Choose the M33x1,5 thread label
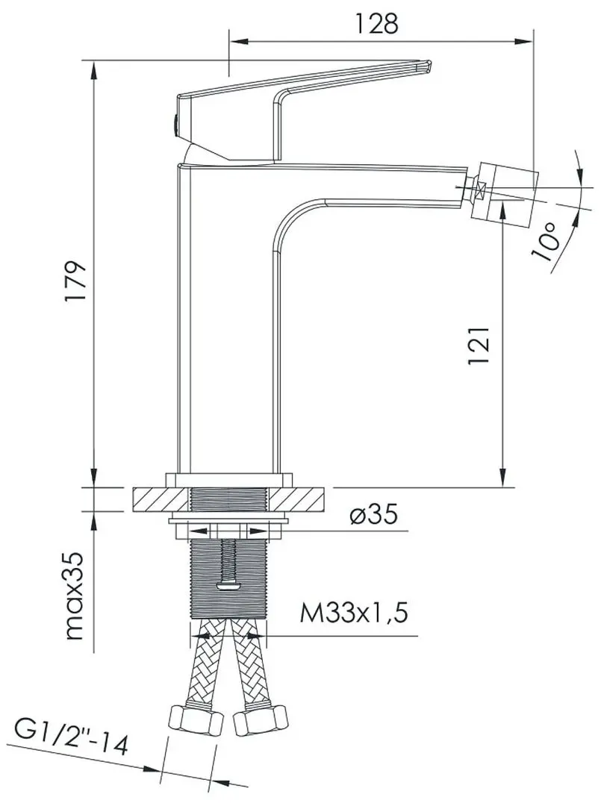[x=355, y=614]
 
